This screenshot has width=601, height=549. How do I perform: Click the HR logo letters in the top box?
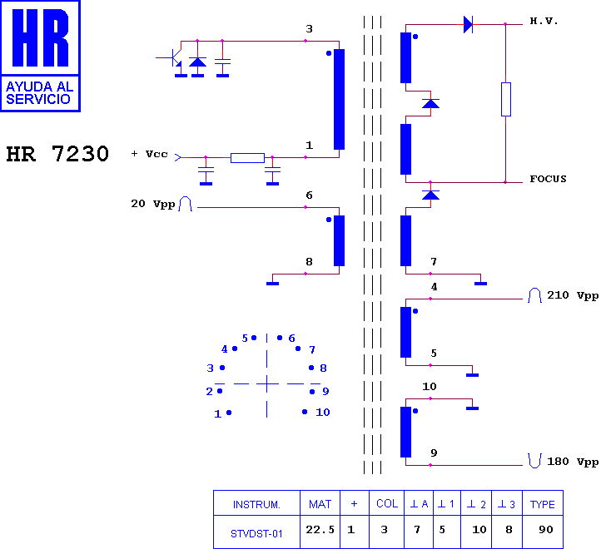pos(40,37)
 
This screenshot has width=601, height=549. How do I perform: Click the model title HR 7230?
pos(57,154)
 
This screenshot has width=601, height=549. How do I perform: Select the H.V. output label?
pos(544,22)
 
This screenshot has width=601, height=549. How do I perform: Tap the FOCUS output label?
pos(548,179)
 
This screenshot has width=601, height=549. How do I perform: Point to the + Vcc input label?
pos(150,154)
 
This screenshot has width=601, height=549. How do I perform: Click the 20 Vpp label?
pos(153,204)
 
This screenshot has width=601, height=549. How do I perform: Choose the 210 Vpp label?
pos(573,295)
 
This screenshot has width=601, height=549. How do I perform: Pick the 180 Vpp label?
pos(573,462)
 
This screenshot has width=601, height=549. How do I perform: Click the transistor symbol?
pos(175,58)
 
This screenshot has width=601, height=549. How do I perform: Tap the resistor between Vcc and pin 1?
pos(247,158)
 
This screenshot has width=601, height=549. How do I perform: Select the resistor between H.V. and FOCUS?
pos(506,99)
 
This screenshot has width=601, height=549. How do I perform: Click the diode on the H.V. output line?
pos(468,24)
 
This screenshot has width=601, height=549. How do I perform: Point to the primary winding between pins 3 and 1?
pos(340,99)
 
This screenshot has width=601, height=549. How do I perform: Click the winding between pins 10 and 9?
pos(406,433)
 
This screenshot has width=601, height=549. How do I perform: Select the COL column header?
pos(387,503)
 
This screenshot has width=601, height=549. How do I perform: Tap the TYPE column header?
pos(543,503)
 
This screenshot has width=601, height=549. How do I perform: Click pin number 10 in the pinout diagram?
pos(323,413)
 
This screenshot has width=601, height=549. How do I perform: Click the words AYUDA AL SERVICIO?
pos(39,92)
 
